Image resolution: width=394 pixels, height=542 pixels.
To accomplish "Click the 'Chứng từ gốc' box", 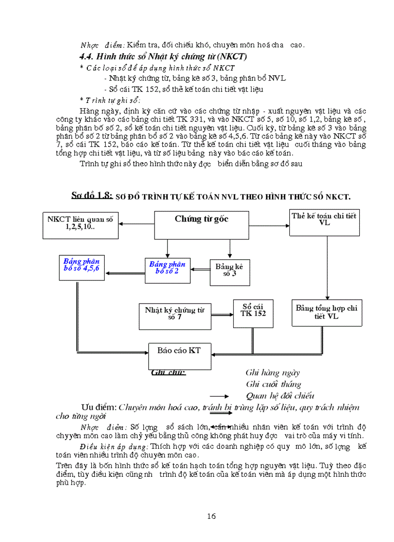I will (201, 225).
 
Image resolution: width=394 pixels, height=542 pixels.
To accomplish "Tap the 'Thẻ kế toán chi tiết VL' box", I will (324, 222).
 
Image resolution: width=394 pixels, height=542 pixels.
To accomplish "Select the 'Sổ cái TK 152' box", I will (253, 310).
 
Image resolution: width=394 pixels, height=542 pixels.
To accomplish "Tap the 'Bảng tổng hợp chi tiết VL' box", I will (326, 312).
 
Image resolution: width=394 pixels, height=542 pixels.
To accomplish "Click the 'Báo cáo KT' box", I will (179, 356).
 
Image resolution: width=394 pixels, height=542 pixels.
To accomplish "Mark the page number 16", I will (211, 516).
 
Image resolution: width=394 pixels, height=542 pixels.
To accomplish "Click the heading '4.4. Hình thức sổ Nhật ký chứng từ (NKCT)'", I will (163, 56).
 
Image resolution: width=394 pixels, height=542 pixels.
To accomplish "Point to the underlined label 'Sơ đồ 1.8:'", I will (92, 195).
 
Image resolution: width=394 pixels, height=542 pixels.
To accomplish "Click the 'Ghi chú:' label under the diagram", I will (169, 372).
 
